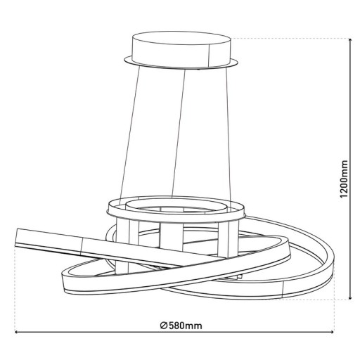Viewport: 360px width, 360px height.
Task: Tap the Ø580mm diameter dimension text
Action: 181,326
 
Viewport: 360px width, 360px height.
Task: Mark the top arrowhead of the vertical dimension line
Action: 350,41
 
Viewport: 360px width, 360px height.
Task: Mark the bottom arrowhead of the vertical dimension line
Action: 350,297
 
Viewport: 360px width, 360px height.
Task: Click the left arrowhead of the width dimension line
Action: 15,333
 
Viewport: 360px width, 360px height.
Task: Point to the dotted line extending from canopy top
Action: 288,37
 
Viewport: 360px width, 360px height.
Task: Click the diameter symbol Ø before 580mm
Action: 163,326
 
